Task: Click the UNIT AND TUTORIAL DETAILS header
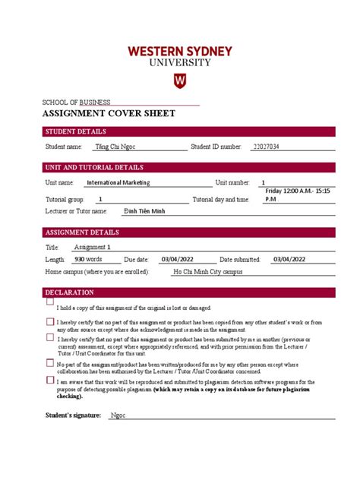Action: click(94, 167)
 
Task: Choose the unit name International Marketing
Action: click(118, 182)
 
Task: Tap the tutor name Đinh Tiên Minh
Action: click(144, 211)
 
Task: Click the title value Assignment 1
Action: click(92, 247)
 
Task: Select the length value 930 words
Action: click(90, 259)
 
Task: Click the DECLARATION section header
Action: click(70, 292)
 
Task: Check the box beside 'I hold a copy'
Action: click(50, 302)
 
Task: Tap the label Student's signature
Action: click(73, 416)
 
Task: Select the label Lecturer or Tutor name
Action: click(77, 211)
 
